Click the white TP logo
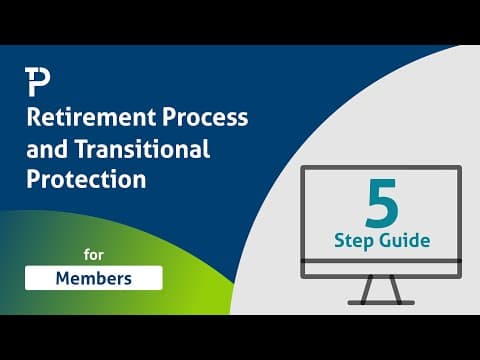tap(37, 82)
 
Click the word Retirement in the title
tap(91, 117)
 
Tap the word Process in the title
tap(205, 117)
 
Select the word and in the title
tap(47, 149)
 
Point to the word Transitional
tap(142, 149)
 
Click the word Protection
tap(86, 179)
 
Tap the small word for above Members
tap(94, 255)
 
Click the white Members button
tap(94, 278)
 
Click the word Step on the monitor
tap(354, 241)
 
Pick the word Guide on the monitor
tap(406, 241)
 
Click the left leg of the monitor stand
tap(367, 289)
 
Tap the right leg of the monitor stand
tap(396, 289)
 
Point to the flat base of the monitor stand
tap(381, 303)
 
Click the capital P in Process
tap(169, 117)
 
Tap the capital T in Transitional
tap(82, 149)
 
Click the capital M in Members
tap(64, 278)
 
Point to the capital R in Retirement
tap(34, 117)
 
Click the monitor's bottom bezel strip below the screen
tap(381, 269)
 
